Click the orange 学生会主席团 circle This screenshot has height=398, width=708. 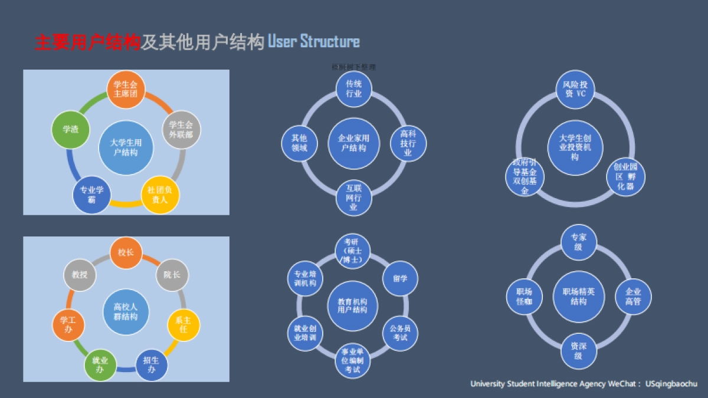pos(125,90)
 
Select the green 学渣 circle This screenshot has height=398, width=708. pos(71,129)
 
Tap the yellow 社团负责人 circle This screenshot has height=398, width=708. pos(160,195)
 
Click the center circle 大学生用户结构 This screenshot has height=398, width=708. pos(126,148)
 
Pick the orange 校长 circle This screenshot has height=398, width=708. pos(126,253)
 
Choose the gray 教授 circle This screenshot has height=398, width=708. pos(80,275)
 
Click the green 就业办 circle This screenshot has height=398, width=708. pos(100,364)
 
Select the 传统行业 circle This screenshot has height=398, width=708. pos(353,89)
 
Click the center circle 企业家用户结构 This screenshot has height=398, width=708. pos(353,143)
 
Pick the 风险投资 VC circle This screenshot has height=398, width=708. pos(575,90)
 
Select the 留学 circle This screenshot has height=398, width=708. pos(400,278)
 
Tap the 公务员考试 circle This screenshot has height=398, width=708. pos(400,333)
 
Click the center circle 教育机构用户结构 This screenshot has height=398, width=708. pos(352,305)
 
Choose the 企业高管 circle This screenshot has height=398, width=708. pos(633,297)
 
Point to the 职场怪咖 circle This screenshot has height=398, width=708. pos(524,297)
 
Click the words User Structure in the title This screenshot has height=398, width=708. pos(313,42)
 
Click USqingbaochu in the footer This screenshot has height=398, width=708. pos(671,384)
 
